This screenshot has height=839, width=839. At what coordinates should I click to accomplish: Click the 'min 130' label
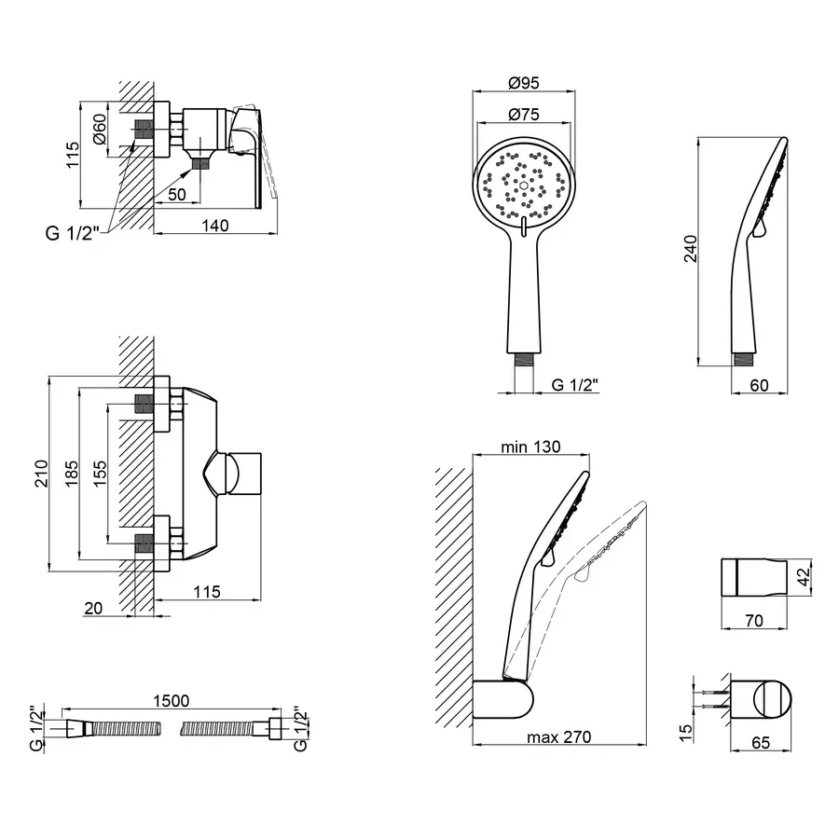click(x=530, y=447)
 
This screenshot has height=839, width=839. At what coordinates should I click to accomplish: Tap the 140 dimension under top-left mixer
click(x=216, y=225)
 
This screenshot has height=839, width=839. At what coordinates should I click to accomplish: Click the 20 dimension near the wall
click(x=93, y=608)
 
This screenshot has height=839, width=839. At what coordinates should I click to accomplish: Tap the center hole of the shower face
click(x=526, y=186)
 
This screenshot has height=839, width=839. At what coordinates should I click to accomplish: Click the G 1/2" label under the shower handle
click(x=575, y=384)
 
